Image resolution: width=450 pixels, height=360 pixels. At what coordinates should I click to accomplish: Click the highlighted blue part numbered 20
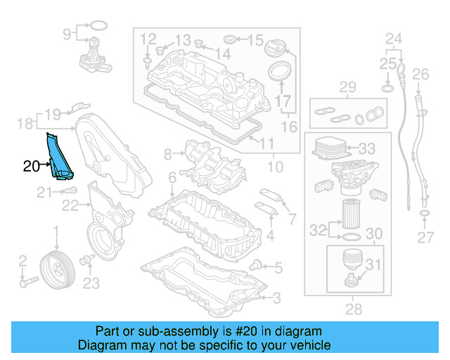click(x=59, y=157)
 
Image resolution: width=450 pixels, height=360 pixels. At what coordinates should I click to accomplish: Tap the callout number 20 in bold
click(x=31, y=167)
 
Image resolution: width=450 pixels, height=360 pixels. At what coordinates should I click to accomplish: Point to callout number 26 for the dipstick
click(x=420, y=74)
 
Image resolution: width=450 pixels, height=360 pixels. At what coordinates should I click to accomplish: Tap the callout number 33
click(x=367, y=149)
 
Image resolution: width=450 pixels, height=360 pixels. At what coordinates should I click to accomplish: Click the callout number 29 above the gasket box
click(x=348, y=88)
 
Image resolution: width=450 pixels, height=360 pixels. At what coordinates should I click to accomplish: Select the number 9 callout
click(x=67, y=33)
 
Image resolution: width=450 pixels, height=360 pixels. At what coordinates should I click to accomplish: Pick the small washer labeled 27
click(x=425, y=212)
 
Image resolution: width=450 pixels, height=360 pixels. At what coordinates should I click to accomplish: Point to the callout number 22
click(x=69, y=205)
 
